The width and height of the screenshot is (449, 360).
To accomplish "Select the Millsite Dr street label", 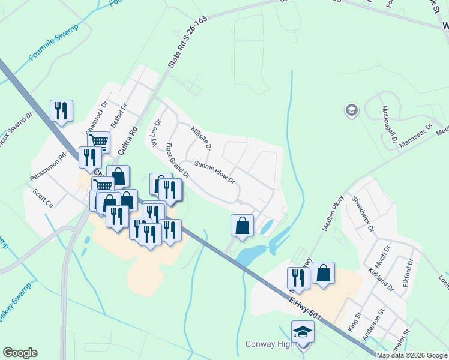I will click(201, 139).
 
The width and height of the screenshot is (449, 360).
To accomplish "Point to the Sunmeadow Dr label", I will click(214, 171).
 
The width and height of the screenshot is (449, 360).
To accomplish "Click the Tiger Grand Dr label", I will click(177, 161).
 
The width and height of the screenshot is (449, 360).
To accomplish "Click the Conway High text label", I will click(270, 344).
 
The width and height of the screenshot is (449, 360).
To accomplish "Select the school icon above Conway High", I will click(303, 332).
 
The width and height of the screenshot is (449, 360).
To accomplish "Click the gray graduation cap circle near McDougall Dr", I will click(351, 110).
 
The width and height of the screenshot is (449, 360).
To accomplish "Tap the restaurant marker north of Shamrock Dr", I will click(61, 111).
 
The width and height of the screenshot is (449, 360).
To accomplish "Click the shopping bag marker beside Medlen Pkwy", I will click(323, 273).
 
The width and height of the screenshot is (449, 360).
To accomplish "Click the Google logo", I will click(20, 352).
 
